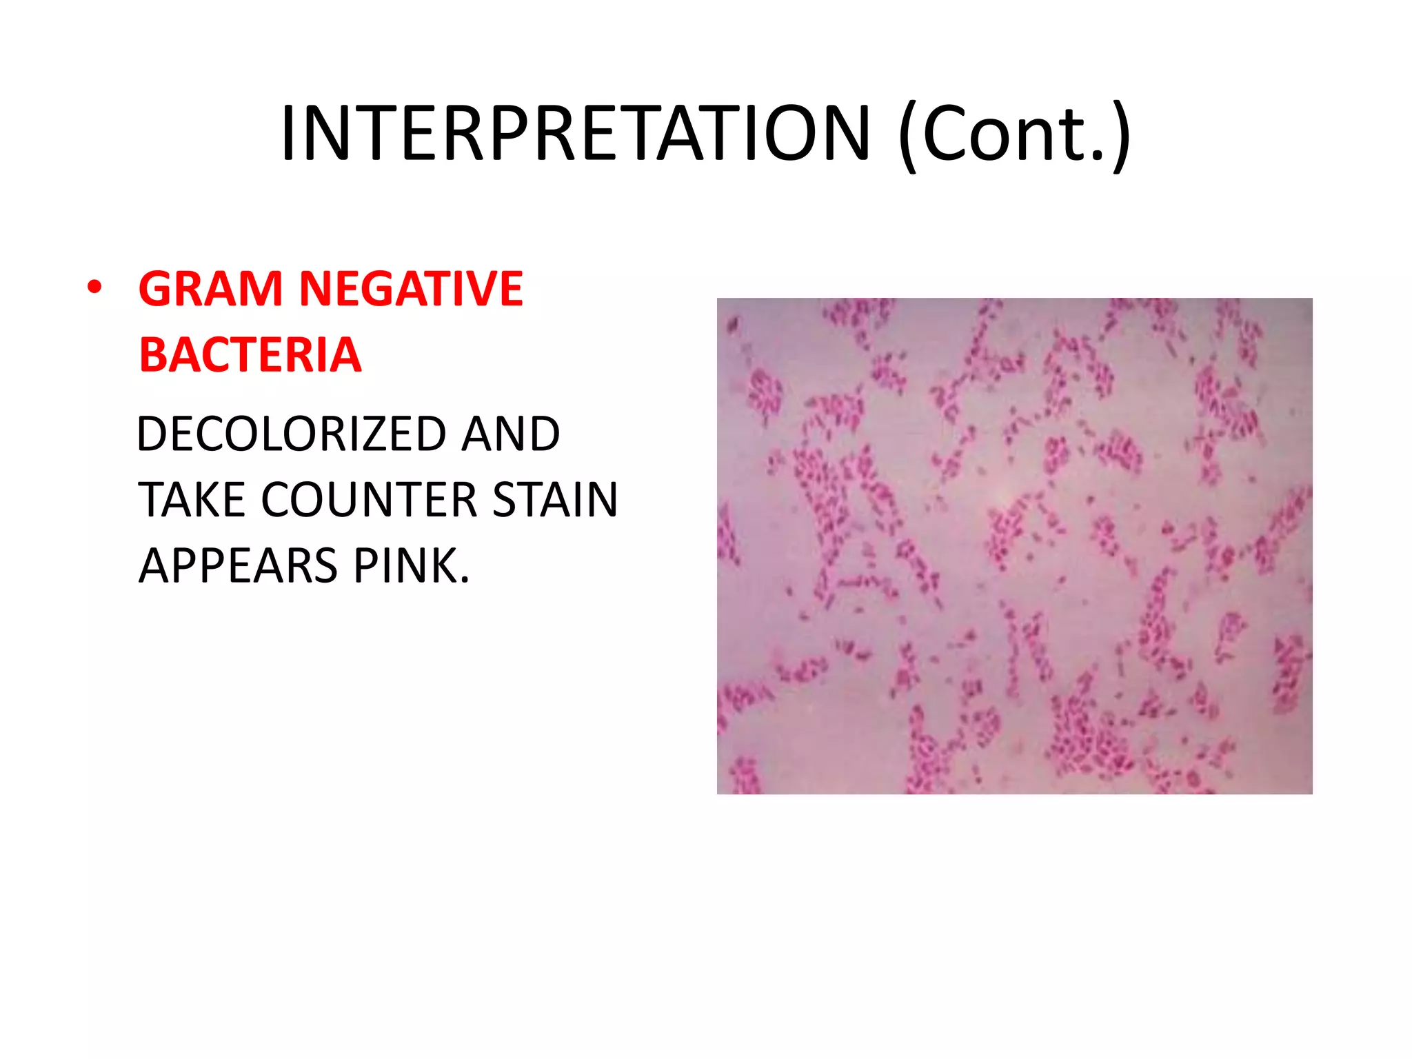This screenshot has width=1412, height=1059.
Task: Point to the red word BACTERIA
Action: coord(250,355)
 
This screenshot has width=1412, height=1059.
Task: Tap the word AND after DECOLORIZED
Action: coord(510,434)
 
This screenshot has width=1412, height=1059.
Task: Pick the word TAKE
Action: coord(191,500)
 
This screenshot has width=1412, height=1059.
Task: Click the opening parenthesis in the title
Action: coord(909,136)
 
